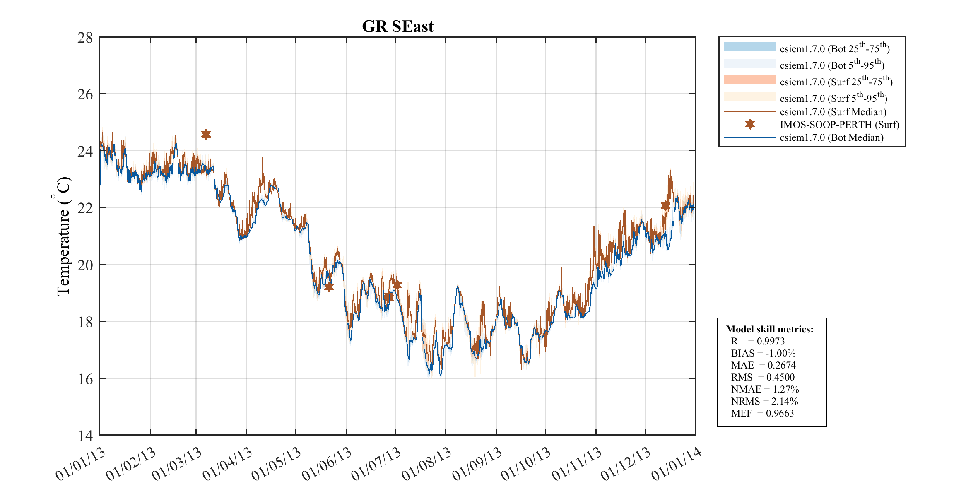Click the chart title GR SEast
click(397, 26)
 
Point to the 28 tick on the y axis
click(85, 38)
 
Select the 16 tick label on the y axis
click(85, 378)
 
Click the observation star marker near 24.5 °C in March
click(206, 134)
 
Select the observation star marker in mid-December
click(665, 205)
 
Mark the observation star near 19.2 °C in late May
click(329, 287)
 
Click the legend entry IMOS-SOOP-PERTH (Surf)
click(839, 125)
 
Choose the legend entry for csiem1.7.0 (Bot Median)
click(831, 137)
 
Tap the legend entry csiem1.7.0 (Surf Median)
click(833, 112)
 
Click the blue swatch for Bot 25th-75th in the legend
click(749, 47)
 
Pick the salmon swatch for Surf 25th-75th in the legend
click(749, 80)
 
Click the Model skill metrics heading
click(769, 329)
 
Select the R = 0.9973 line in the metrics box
click(758, 341)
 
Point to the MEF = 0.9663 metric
click(762, 413)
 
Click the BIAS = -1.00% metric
click(763, 353)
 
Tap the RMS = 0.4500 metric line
click(763, 377)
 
